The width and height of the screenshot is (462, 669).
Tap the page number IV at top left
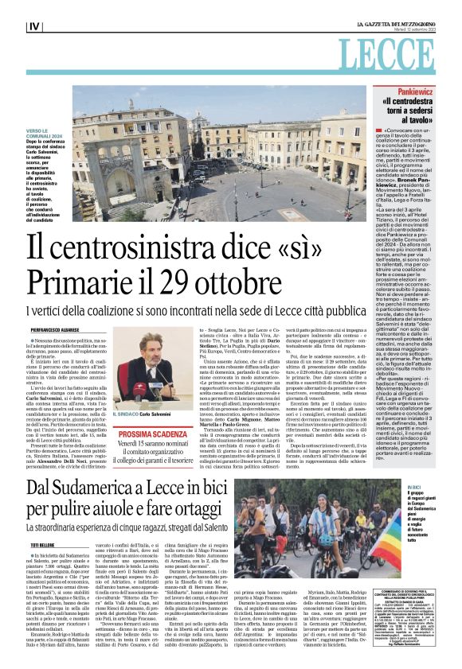[x=34, y=26]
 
